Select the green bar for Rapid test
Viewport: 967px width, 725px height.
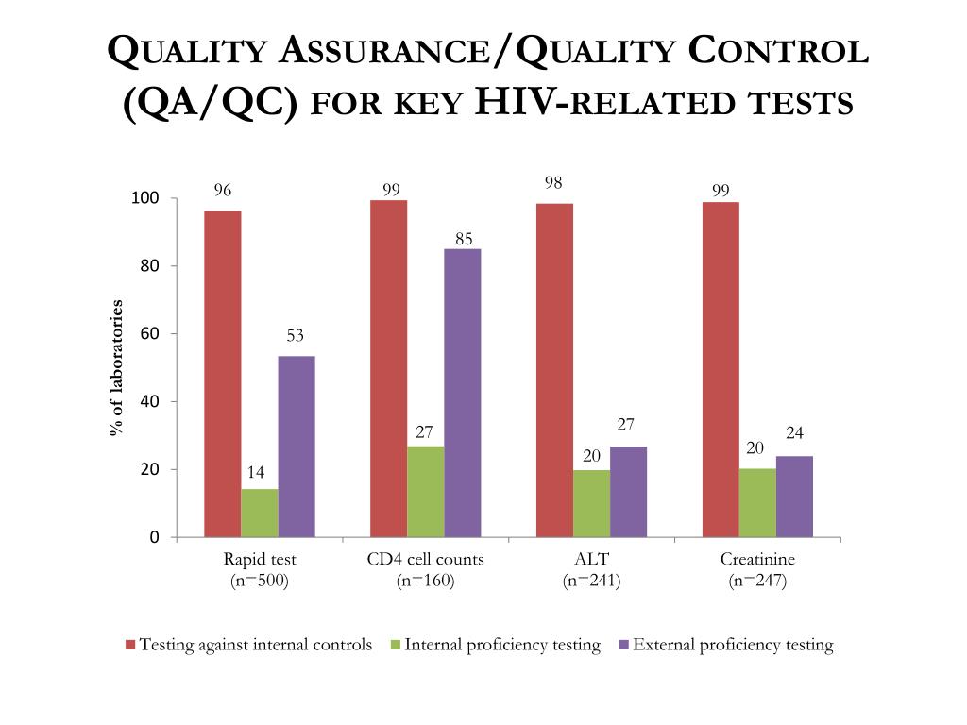pos(259,513)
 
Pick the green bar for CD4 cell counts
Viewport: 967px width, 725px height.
pos(425,491)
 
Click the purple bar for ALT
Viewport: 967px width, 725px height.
pos(628,492)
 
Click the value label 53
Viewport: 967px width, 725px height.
pos(296,336)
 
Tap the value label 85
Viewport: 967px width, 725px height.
pos(463,239)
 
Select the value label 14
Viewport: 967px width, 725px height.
pos(256,472)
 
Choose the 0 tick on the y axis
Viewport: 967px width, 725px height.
pos(154,537)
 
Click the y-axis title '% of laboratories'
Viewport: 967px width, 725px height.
pos(116,367)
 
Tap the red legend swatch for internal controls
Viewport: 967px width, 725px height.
pos(130,646)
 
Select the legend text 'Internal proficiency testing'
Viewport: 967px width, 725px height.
pos(502,646)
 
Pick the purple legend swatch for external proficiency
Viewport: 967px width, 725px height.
pos(623,646)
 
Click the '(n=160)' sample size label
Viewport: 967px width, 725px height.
pos(425,582)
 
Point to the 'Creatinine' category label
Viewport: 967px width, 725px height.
pos(757,559)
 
